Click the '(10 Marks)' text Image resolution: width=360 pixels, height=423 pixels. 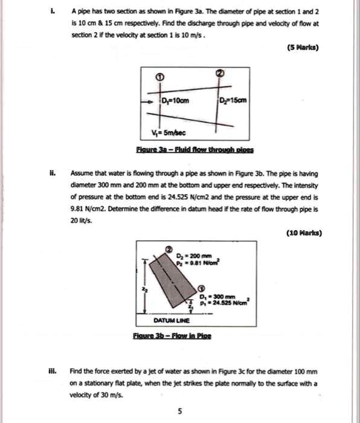305,233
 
